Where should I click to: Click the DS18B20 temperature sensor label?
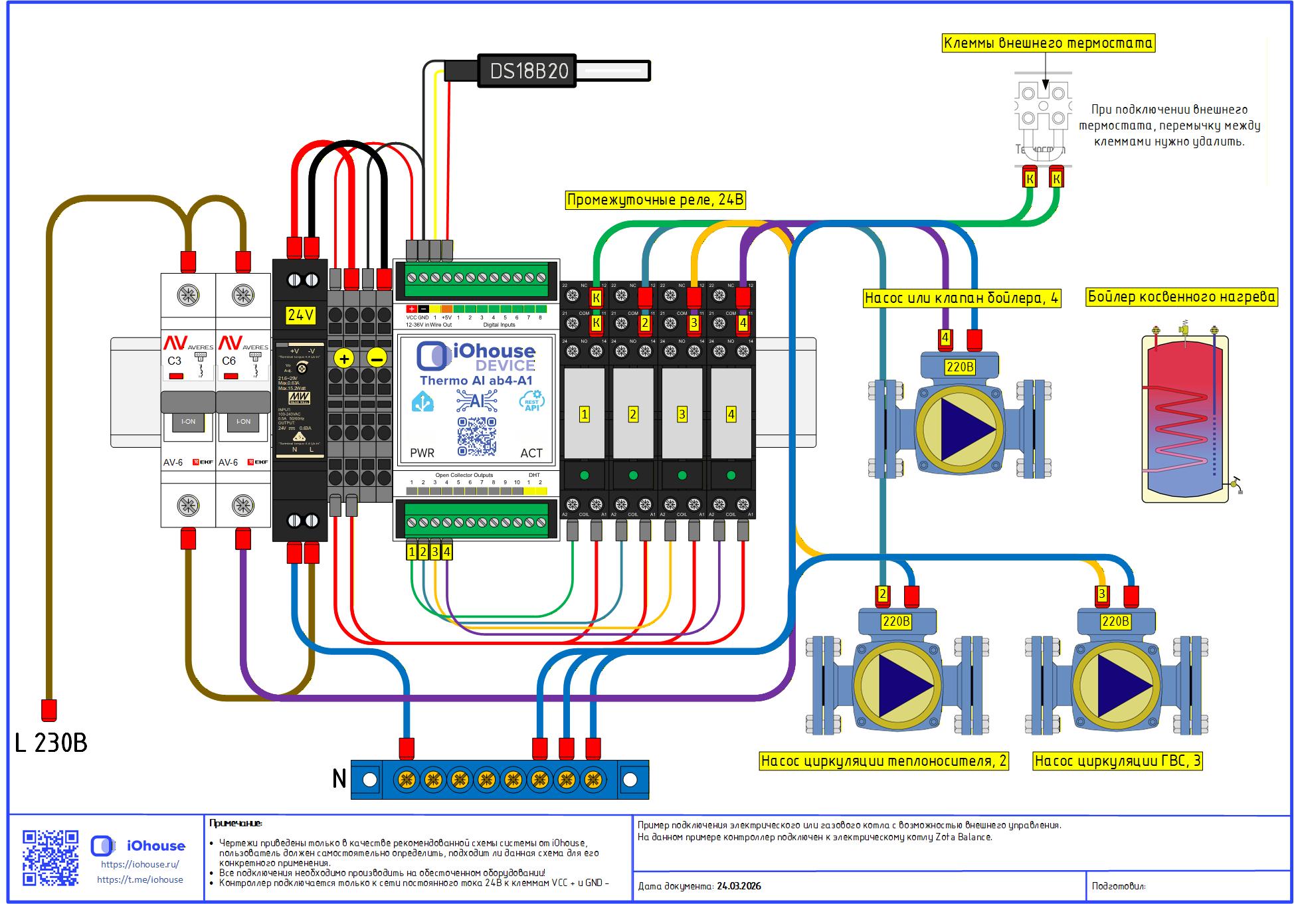529,71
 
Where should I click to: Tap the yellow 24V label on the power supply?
300,315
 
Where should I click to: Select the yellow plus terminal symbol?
343,359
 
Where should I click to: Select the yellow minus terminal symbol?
377,359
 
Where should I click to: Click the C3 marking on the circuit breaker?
174,361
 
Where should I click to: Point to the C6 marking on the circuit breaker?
229,361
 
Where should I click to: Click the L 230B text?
51,743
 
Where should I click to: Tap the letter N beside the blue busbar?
339,778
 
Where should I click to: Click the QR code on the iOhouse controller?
476,436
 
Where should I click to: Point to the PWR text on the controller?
422,453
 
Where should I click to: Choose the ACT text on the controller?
531,453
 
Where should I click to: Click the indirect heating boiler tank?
1185,418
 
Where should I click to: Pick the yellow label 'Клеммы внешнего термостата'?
1048,43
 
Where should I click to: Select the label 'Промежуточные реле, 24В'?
655,200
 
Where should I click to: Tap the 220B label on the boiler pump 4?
960,367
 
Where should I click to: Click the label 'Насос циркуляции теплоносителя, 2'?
883,761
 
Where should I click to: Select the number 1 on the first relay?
584,414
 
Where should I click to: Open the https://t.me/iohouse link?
140,879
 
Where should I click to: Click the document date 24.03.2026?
739,886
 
